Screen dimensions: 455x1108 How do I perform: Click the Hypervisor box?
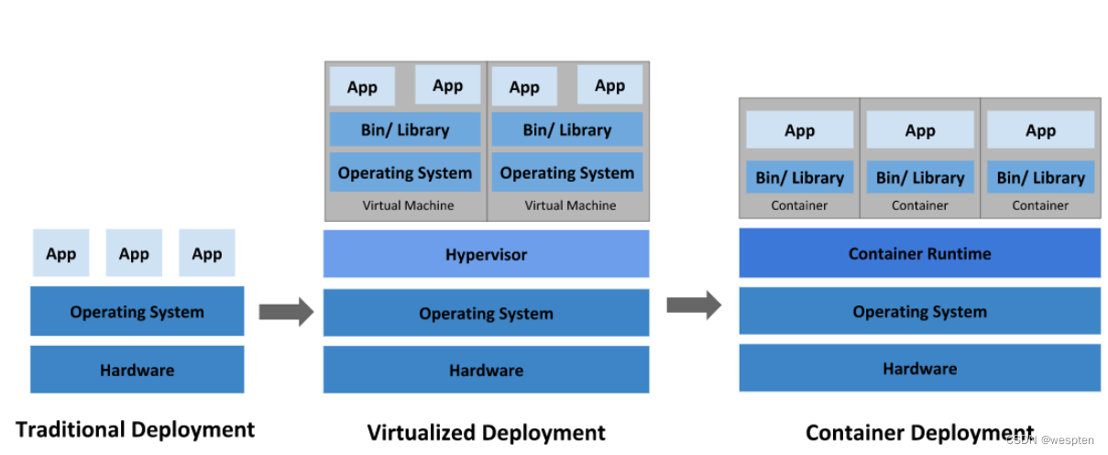(486, 254)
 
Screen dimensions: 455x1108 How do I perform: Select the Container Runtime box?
(919, 253)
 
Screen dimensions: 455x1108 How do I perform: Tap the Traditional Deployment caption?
(136, 429)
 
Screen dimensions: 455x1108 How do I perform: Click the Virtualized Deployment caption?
(486, 432)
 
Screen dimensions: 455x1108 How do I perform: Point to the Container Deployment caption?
(919, 432)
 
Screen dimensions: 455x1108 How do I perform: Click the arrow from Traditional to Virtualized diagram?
(286, 312)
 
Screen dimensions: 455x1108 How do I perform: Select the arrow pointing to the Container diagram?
(694, 305)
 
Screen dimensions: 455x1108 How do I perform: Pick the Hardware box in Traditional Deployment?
(137, 370)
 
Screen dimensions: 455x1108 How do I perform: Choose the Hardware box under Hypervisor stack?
(486, 370)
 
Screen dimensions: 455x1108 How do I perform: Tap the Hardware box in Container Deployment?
(919, 369)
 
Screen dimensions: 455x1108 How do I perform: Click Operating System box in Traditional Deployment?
(137, 312)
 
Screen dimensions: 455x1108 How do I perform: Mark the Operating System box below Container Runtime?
(919, 312)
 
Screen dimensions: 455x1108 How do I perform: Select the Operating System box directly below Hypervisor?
(486, 313)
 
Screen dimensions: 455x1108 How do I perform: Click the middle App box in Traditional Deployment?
(134, 253)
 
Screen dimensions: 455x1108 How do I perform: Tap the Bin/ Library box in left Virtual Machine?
(405, 129)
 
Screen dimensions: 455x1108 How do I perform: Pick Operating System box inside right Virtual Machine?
(567, 172)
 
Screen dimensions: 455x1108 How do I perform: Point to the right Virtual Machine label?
(570, 205)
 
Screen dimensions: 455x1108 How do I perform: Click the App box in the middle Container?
(920, 130)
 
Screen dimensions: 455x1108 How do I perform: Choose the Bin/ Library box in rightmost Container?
(1040, 177)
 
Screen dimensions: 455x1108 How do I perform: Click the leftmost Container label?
(799, 205)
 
